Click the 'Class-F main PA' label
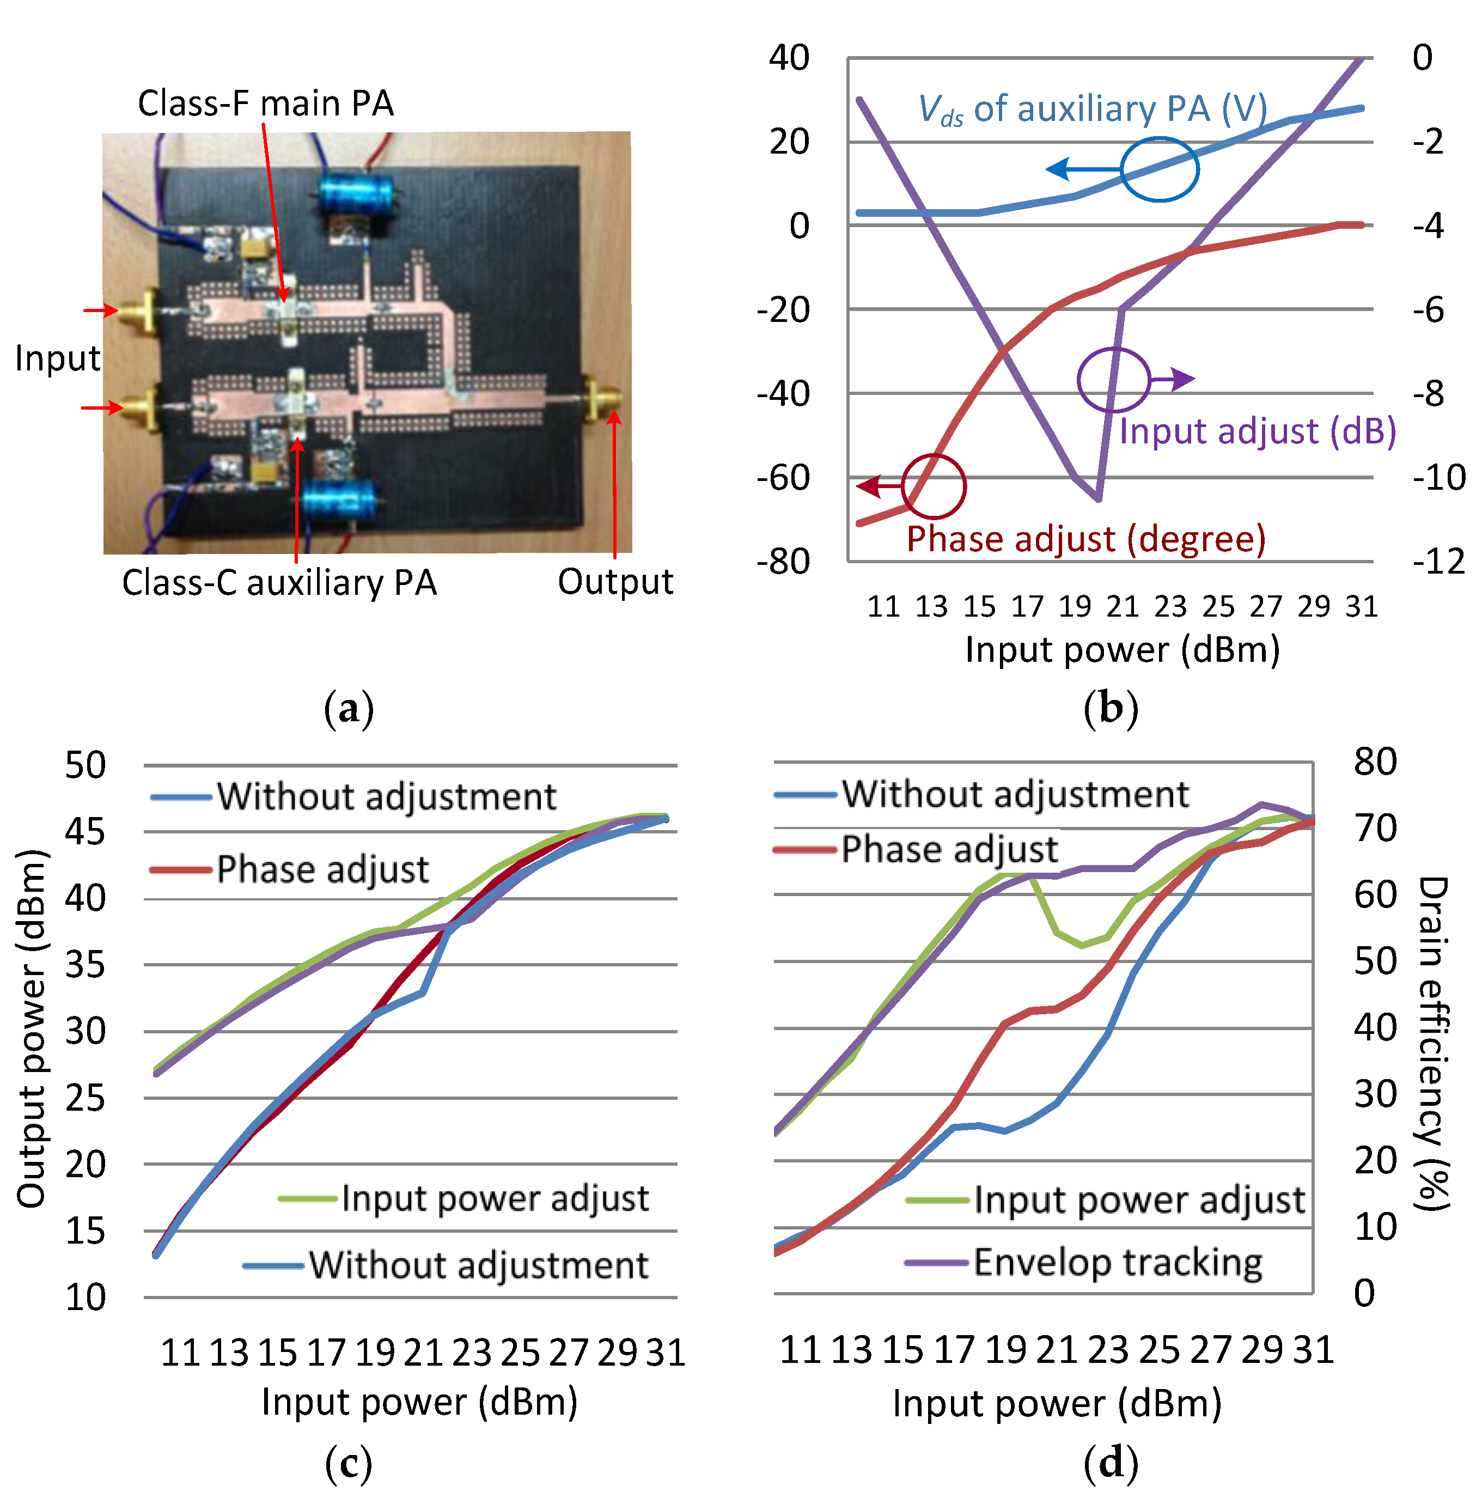tap(266, 103)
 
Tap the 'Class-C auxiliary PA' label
tap(279, 583)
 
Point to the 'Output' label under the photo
tap(615, 582)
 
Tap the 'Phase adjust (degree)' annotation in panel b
tap(1086, 539)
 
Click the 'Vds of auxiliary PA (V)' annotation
tap(1092, 109)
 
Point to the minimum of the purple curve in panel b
tap(1097, 498)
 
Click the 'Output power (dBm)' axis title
tap(33, 1029)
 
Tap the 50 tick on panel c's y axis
tap(86, 765)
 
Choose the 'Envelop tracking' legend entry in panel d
tap(1117, 1262)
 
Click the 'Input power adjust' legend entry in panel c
tap(495, 1198)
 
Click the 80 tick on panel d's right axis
tap(1375, 762)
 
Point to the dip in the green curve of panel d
tap(1082, 945)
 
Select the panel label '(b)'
tap(1110, 708)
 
